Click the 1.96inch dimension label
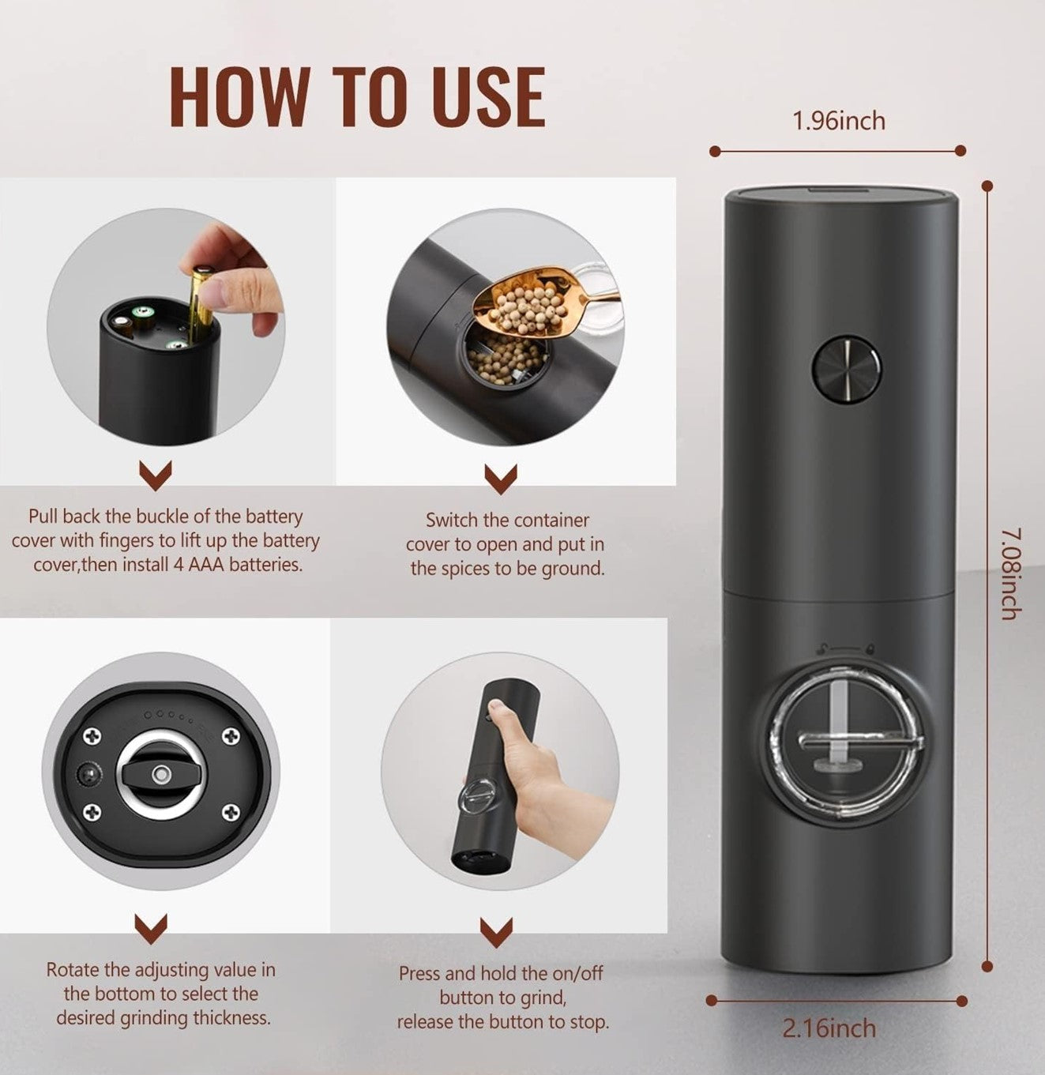838,121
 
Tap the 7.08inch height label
1012,574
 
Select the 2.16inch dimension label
829,1028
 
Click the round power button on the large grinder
846,367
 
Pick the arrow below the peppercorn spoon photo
501,479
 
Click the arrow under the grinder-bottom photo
152,929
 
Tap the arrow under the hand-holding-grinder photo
496,933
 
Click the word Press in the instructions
419,973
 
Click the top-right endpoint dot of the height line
987,186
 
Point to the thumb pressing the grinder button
501,709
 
